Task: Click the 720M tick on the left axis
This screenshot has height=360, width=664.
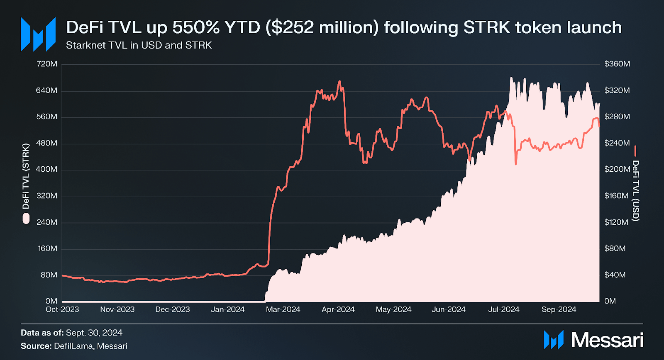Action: pos(46,64)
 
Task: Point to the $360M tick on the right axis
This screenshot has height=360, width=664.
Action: pos(617,64)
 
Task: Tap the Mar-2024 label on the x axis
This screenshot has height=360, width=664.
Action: pos(283,309)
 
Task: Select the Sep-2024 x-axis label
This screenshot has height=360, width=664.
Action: pos(559,309)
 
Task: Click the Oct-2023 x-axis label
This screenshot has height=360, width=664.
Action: pos(62,309)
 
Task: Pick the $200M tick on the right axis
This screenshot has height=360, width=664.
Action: pos(617,169)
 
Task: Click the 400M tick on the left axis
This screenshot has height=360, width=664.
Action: pos(46,169)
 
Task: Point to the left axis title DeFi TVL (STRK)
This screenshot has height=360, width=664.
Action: pos(26,176)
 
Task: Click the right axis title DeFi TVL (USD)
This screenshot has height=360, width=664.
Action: pos(635,191)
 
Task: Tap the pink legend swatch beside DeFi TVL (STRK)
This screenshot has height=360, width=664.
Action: pos(26,219)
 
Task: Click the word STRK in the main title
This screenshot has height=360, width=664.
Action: pos(486,27)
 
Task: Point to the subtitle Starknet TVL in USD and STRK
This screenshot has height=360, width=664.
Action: pos(139,45)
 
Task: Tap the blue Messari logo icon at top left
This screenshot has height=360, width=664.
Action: pos(38,34)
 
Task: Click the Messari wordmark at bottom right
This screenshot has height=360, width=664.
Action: pos(607,340)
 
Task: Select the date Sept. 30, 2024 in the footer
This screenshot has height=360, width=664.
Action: pos(94,333)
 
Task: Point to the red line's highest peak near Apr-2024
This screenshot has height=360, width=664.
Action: pos(339,81)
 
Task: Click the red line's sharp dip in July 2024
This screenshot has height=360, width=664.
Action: pos(515,164)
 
